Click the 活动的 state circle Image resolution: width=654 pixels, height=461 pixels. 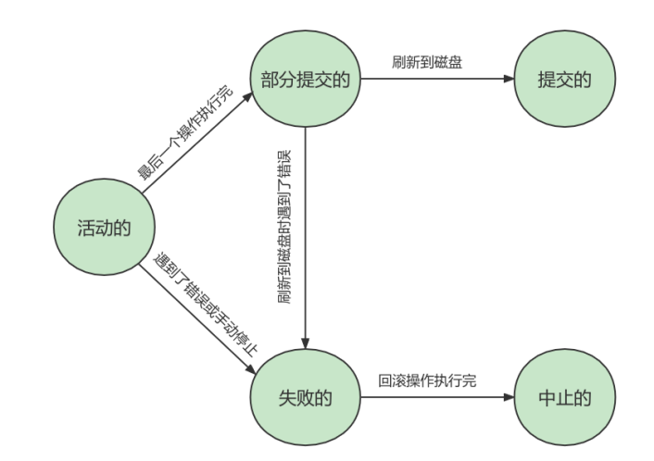click(102, 228)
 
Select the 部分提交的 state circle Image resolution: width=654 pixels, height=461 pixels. click(306, 80)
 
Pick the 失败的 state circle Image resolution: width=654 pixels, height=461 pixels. click(306, 398)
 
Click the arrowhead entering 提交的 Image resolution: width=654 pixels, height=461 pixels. click(508, 80)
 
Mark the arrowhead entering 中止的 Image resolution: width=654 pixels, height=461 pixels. click(508, 398)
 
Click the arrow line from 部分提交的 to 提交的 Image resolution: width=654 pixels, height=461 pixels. click(435, 80)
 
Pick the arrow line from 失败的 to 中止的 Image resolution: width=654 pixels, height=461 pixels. click(435, 398)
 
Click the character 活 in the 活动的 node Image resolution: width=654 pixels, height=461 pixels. click(85, 228)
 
